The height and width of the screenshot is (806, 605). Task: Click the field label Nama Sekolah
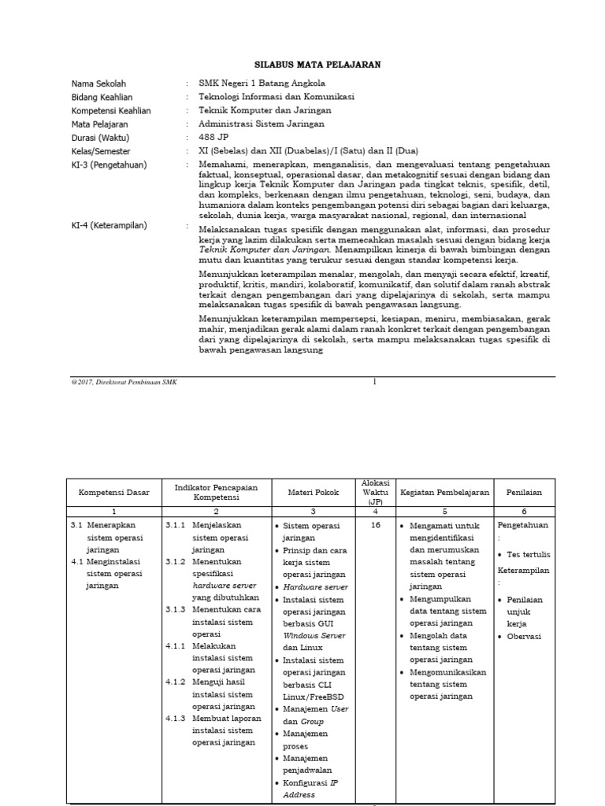click(98, 83)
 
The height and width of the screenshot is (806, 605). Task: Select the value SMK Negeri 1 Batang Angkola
click(262, 83)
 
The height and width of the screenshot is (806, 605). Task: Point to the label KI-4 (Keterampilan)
click(109, 226)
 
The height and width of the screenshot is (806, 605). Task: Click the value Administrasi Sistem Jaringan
click(261, 124)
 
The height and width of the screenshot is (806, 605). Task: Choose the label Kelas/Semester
click(101, 150)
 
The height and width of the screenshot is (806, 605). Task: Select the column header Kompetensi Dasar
click(112, 492)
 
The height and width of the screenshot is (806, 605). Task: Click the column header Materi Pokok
click(313, 492)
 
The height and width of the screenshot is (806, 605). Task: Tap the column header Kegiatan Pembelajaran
click(444, 492)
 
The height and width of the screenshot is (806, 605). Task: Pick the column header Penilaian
click(524, 492)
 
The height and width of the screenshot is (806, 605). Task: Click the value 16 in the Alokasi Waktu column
click(375, 525)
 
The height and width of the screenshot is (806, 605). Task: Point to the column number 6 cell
click(524, 511)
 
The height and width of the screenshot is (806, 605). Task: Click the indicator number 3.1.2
click(176, 563)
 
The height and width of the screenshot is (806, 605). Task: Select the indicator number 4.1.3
click(176, 718)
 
